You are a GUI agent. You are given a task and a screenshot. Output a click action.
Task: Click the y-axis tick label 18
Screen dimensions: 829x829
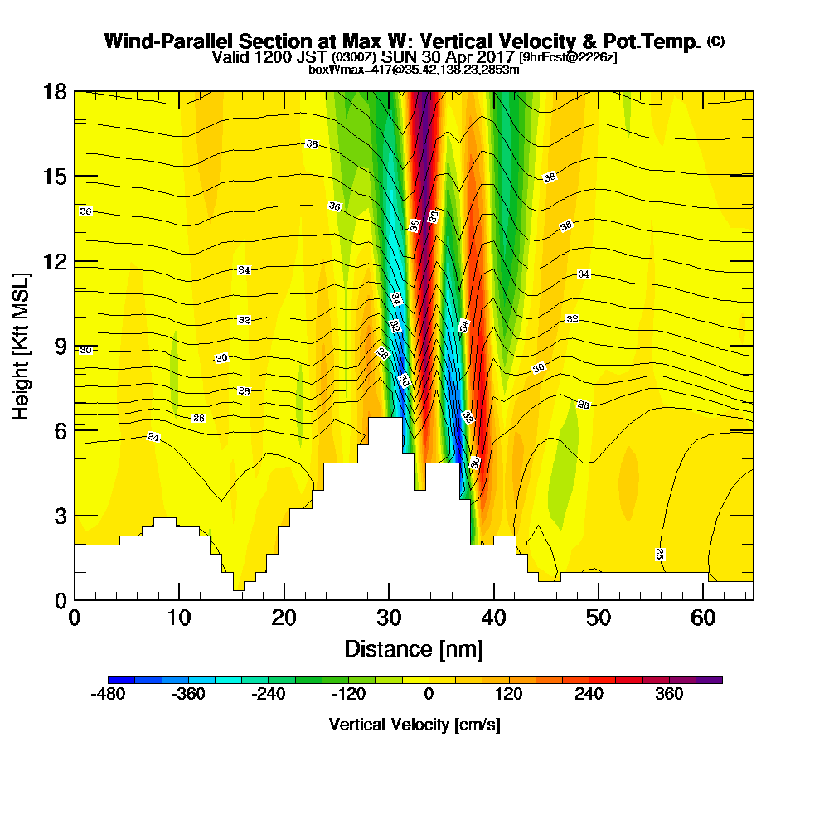(x=55, y=91)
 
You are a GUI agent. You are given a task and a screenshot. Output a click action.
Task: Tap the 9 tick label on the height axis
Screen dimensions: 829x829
(x=60, y=347)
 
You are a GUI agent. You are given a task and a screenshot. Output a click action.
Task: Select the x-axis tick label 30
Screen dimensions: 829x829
(x=389, y=618)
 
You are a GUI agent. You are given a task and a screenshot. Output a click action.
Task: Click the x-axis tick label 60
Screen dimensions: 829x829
(x=704, y=618)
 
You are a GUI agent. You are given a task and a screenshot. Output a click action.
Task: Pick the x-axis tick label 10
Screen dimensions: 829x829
(x=179, y=618)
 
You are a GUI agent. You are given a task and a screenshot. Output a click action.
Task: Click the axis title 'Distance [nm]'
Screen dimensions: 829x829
(x=414, y=648)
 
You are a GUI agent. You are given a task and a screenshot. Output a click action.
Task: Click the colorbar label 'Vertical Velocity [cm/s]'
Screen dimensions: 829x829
(x=414, y=725)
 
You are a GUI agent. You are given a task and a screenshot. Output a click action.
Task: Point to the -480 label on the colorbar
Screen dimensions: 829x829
(x=107, y=694)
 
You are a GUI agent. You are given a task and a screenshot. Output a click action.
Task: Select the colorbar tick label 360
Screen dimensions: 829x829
(x=669, y=694)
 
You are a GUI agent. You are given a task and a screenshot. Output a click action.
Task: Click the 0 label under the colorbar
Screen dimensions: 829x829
(x=429, y=694)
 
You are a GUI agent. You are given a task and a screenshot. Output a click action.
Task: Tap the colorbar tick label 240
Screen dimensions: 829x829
(x=589, y=694)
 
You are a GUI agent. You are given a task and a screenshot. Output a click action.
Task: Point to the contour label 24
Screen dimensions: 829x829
(x=153, y=437)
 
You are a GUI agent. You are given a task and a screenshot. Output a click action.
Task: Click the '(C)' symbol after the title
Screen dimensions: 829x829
(x=715, y=41)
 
